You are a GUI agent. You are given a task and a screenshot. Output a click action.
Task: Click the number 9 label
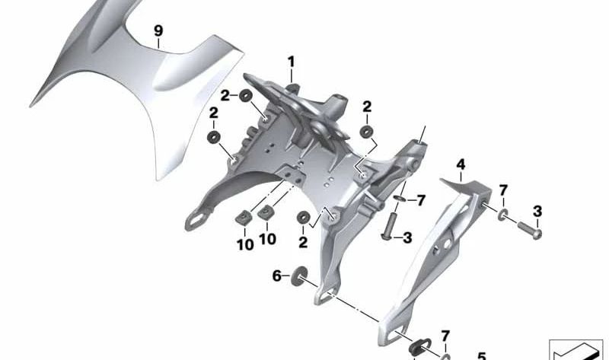click(x=158, y=31)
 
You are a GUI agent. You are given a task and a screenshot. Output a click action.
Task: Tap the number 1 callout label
click(x=291, y=61)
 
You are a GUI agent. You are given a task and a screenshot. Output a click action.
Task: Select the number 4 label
click(x=461, y=164)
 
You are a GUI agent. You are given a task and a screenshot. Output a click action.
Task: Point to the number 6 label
click(x=277, y=275)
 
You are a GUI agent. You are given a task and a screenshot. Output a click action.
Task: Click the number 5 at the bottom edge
click(x=480, y=355)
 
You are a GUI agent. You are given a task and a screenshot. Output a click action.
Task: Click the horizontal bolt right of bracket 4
click(x=531, y=229)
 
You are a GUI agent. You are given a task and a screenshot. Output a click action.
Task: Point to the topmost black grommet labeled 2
click(x=246, y=96)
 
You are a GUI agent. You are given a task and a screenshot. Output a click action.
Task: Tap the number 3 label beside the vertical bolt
click(x=407, y=238)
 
